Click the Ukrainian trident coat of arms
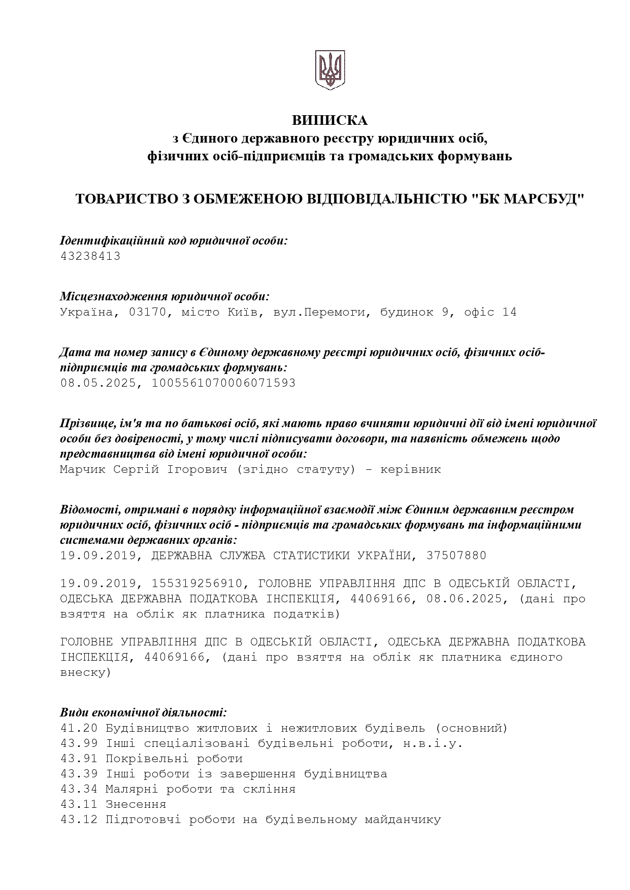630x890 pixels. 330,70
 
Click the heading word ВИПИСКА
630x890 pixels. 329,120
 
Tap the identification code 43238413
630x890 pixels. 90,256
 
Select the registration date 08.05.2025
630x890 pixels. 98,383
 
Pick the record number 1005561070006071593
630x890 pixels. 223,383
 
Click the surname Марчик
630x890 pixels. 83,469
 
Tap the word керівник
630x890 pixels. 411,469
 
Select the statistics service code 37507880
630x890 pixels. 456,556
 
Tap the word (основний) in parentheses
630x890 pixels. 471,728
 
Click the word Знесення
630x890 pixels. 136,804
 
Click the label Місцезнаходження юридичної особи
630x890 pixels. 164,296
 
